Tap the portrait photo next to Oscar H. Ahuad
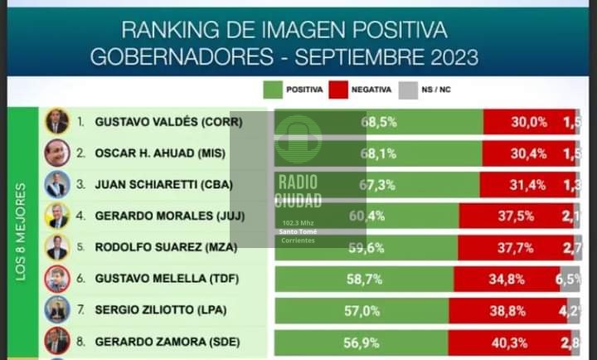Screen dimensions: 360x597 (x=56, y=153)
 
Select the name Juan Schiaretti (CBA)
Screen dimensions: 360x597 (x=163, y=184)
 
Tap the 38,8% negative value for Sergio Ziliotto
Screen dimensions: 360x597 (x=506, y=312)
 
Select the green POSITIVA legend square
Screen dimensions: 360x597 (x=273, y=90)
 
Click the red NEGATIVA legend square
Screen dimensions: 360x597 (x=338, y=90)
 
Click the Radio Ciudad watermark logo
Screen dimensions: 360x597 (x=298, y=179)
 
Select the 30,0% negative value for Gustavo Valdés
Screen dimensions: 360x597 (x=528, y=121)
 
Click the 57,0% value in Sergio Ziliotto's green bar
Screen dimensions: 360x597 (x=364, y=312)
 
